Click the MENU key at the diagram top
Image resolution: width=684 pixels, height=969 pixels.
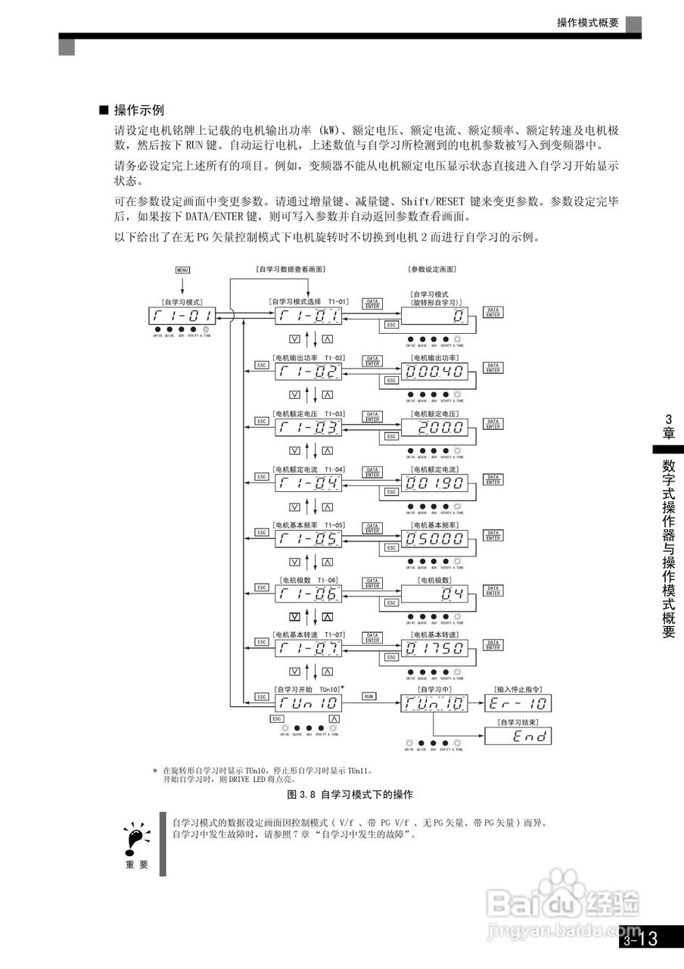pyautogui.click(x=182, y=269)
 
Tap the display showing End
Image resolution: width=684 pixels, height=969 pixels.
pyautogui.click(x=519, y=736)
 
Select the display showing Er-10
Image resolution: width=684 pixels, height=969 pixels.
pyautogui.click(x=519, y=703)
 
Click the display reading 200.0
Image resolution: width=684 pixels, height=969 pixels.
pyautogui.click(x=434, y=428)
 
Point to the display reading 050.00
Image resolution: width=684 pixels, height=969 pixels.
pyautogui.click(x=434, y=538)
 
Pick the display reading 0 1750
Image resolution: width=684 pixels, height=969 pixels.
pyautogui.click(x=434, y=647)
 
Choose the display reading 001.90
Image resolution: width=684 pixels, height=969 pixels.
pyautogui.click(x=434, y=483)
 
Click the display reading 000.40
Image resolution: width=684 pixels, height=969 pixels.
pyautogui.click(x=434, y=371)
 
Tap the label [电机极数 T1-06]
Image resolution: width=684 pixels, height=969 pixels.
pyautogui.click(x=307, y=580)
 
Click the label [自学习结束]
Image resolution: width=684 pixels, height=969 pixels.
pyautogui.click(x=518, y=721)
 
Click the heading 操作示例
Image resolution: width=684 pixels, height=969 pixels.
pyautogui.click(x=138, y=111)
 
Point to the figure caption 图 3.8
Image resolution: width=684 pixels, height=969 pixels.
pyautogui.click(x=350, y=794)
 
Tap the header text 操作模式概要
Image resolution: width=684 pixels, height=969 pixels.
pyautogui.click(x=588, y=23)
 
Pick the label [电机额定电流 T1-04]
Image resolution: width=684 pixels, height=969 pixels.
pyautogui.click(x=307, y=470)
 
